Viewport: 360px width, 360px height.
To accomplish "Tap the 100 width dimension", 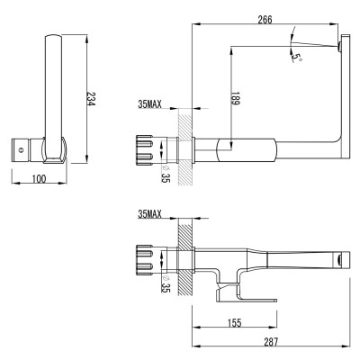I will [x=39, y=180].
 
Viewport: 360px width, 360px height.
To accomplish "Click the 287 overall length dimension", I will [x=271, y=342].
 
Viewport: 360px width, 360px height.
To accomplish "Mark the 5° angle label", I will [x=297, y=56].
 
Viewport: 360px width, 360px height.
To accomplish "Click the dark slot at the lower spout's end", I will [x=337, y=259].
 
